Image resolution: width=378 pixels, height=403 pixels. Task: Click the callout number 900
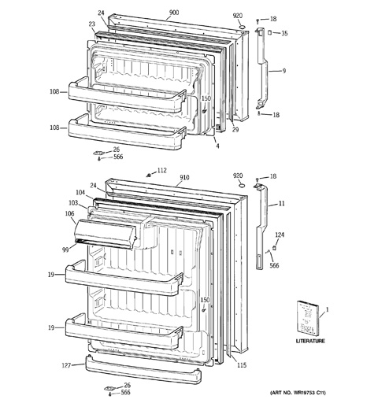pos(174,13)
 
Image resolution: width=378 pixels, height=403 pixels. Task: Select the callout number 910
pos(184,178)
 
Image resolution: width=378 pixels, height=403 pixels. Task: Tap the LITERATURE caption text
pos(310,341)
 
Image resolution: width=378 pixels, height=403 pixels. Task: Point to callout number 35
pos(284,33)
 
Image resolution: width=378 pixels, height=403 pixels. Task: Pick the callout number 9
pos(284,71)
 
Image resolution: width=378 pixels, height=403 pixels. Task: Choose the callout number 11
pos(281,204)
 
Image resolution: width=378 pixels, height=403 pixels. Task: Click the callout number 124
pos(280,235)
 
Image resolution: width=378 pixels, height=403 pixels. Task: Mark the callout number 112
pos(162,171)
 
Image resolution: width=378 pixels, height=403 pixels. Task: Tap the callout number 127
pos(66,365)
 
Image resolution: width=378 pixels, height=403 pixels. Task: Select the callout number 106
pos(69,214)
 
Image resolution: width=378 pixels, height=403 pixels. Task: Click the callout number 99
pos(65,250)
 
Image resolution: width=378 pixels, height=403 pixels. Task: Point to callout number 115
pos(242,365)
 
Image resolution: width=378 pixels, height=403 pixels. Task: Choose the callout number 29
pos(235,130)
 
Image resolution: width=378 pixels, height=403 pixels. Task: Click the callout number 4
pos(217,146)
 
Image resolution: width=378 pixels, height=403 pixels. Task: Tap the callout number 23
pos(91,24)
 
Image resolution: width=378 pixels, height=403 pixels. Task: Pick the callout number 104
pos(80,193)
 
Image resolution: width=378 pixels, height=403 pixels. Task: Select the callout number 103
pos(73,203)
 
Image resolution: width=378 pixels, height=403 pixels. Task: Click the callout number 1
pos(327,310)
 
